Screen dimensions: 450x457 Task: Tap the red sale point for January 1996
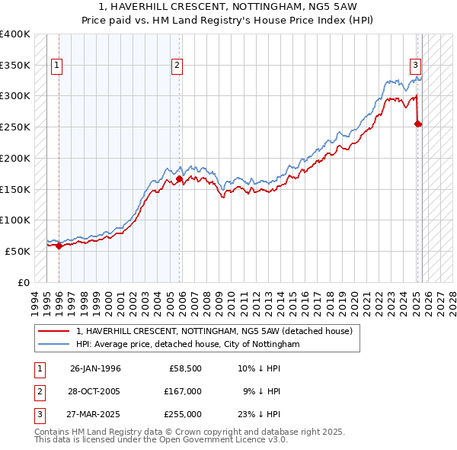coord(59,246)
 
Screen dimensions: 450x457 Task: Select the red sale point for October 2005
coord(179,178)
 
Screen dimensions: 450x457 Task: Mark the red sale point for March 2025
coord(417,124)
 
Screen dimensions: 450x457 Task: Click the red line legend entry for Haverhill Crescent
coord(214,332)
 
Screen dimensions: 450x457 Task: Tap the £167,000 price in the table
coord(183,391)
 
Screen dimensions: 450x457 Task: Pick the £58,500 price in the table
coord(185,368)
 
